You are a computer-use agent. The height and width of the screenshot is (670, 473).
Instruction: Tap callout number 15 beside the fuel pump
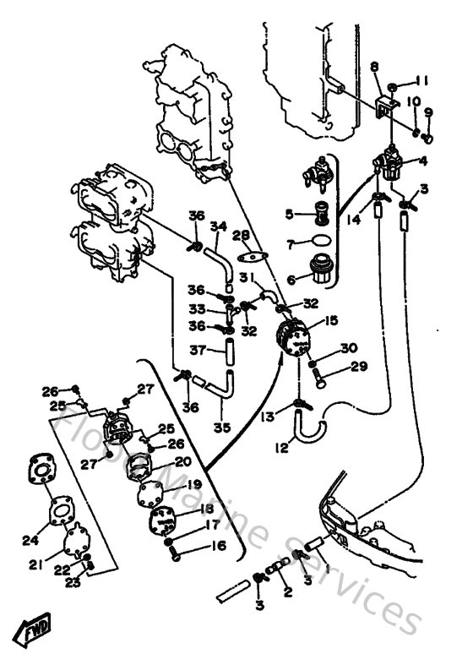click(x=331, y=320)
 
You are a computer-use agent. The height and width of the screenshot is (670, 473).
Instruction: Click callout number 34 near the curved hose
click(x=218, y=226)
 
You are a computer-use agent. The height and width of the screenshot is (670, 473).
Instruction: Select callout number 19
click(x=194, y=484)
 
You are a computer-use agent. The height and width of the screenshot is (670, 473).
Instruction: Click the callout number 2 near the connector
click(x=287, y=593)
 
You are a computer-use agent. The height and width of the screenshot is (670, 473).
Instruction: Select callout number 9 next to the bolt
click(x=428, y=112)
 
